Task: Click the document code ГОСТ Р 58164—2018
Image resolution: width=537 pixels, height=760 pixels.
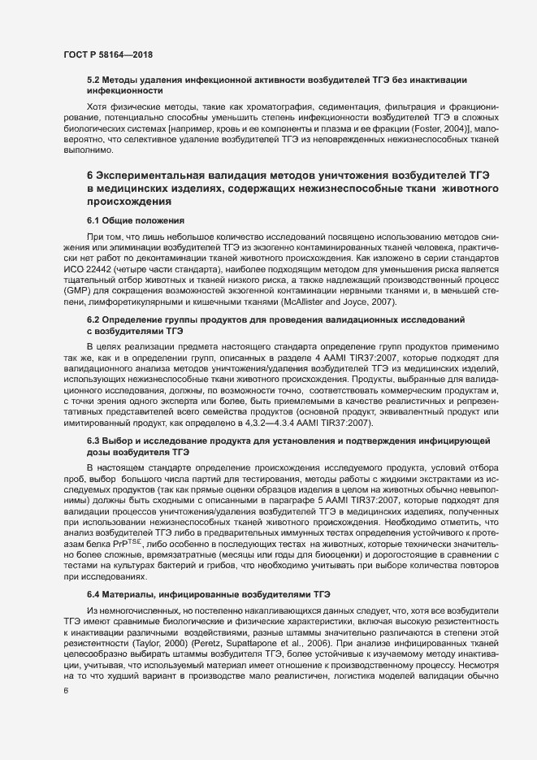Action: (x=108, y=54)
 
